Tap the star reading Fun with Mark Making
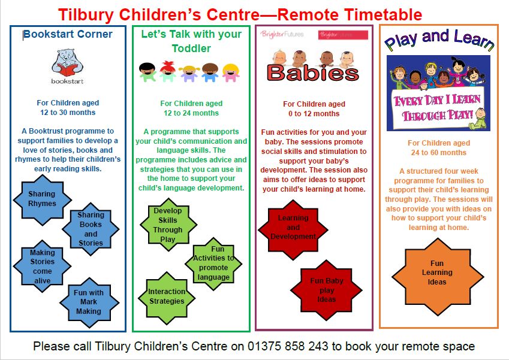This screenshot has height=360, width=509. (x=89, y=302)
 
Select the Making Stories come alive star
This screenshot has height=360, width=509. (x=42, y=267)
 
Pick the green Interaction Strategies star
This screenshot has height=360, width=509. (x=167, y=298)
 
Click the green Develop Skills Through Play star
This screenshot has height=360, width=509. (x=168, y=225)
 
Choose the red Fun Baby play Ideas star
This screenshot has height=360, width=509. (x=326, y=290)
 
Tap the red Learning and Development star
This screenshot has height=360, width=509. (x=293, y=229)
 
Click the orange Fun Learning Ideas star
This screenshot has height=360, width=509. (x=438, y=277)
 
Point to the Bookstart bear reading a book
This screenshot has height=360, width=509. (x=67, y=62)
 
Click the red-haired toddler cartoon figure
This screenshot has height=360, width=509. (x=167, y=71)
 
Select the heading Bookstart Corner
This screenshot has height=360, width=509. (x=68, y=34)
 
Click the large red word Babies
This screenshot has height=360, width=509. (x=313, y=72)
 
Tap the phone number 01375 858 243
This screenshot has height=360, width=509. (x=288, y=346)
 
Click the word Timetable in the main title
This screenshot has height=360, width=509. (x=383, y=14)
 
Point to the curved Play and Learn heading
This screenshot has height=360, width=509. (x=439, y=40)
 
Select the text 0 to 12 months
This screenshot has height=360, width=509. (x=314, y=114)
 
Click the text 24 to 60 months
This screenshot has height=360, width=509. (x=439, y=152)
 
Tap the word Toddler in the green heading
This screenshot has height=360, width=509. (x=191, y=49)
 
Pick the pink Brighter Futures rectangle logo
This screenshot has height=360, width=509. (x=343, y=35)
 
